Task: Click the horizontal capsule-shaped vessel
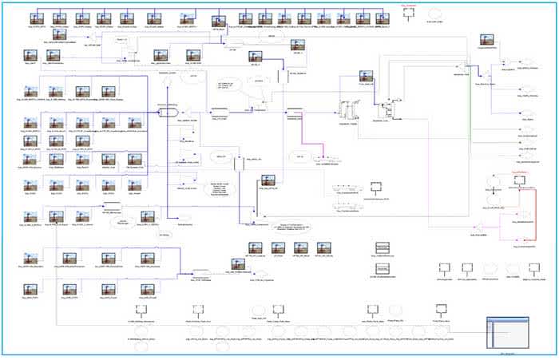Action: coord(168,113)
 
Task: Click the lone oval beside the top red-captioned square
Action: coord(434,14)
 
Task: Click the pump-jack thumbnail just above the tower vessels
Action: coord(367,80)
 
